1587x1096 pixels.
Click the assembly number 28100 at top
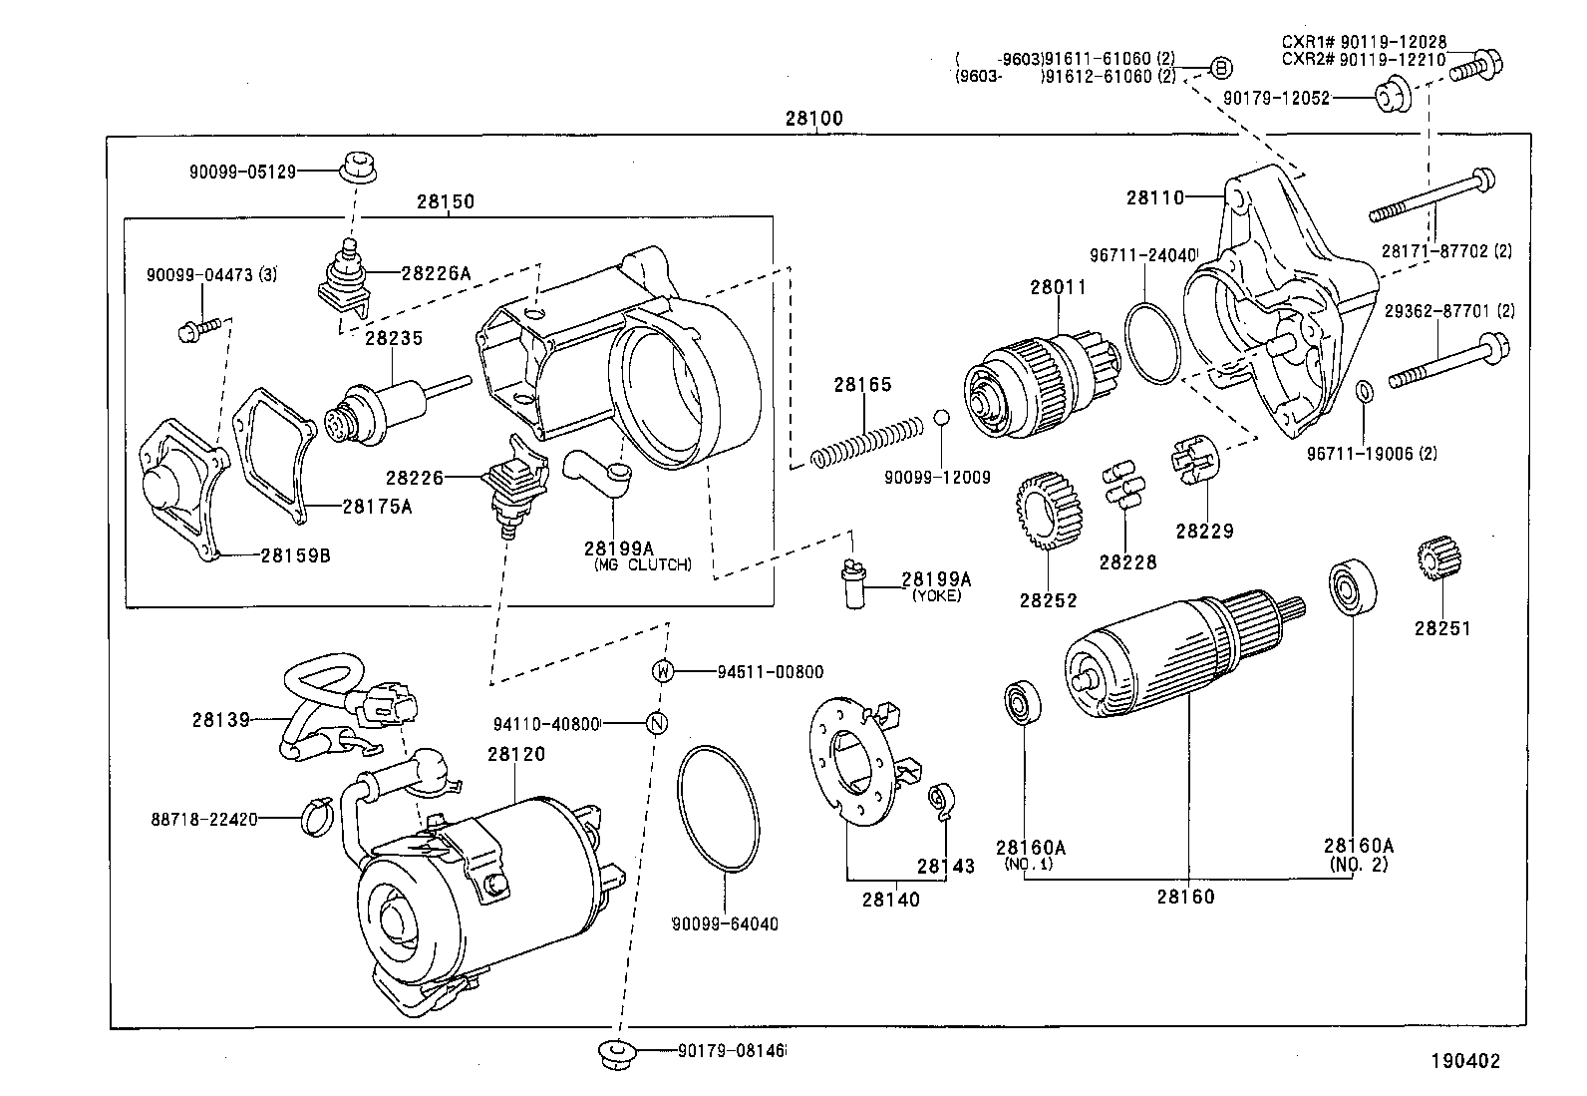coord(813,118)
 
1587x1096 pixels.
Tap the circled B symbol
coord(1221,68)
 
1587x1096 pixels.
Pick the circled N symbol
coord(656,723)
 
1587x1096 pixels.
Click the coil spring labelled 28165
coord(862,441)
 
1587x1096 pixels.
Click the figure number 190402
coord(1465,1062)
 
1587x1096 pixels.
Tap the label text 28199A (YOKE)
coord(935,585)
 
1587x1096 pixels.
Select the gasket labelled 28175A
coord(269,455)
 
